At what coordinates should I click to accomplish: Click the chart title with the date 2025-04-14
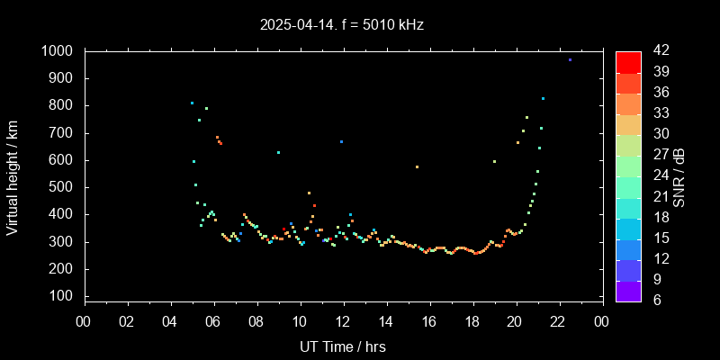tap(341, 24)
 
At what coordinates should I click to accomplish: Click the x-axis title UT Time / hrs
tap(343, 346)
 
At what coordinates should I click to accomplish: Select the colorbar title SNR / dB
tap(679, 175)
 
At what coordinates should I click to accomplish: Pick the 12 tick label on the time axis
tap(343, 321)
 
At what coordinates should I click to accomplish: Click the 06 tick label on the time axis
tap(213, 321)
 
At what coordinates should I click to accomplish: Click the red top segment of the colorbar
tap(628, 61)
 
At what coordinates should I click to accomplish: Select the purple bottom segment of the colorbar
tap(628, 290)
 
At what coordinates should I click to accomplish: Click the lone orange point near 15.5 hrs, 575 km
tap(417, 166)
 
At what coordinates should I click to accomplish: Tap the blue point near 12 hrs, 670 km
tap(341, 141)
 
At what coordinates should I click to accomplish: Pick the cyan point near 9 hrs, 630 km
tap(278, 152)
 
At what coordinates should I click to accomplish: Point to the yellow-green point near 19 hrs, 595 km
tap(494, 161)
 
